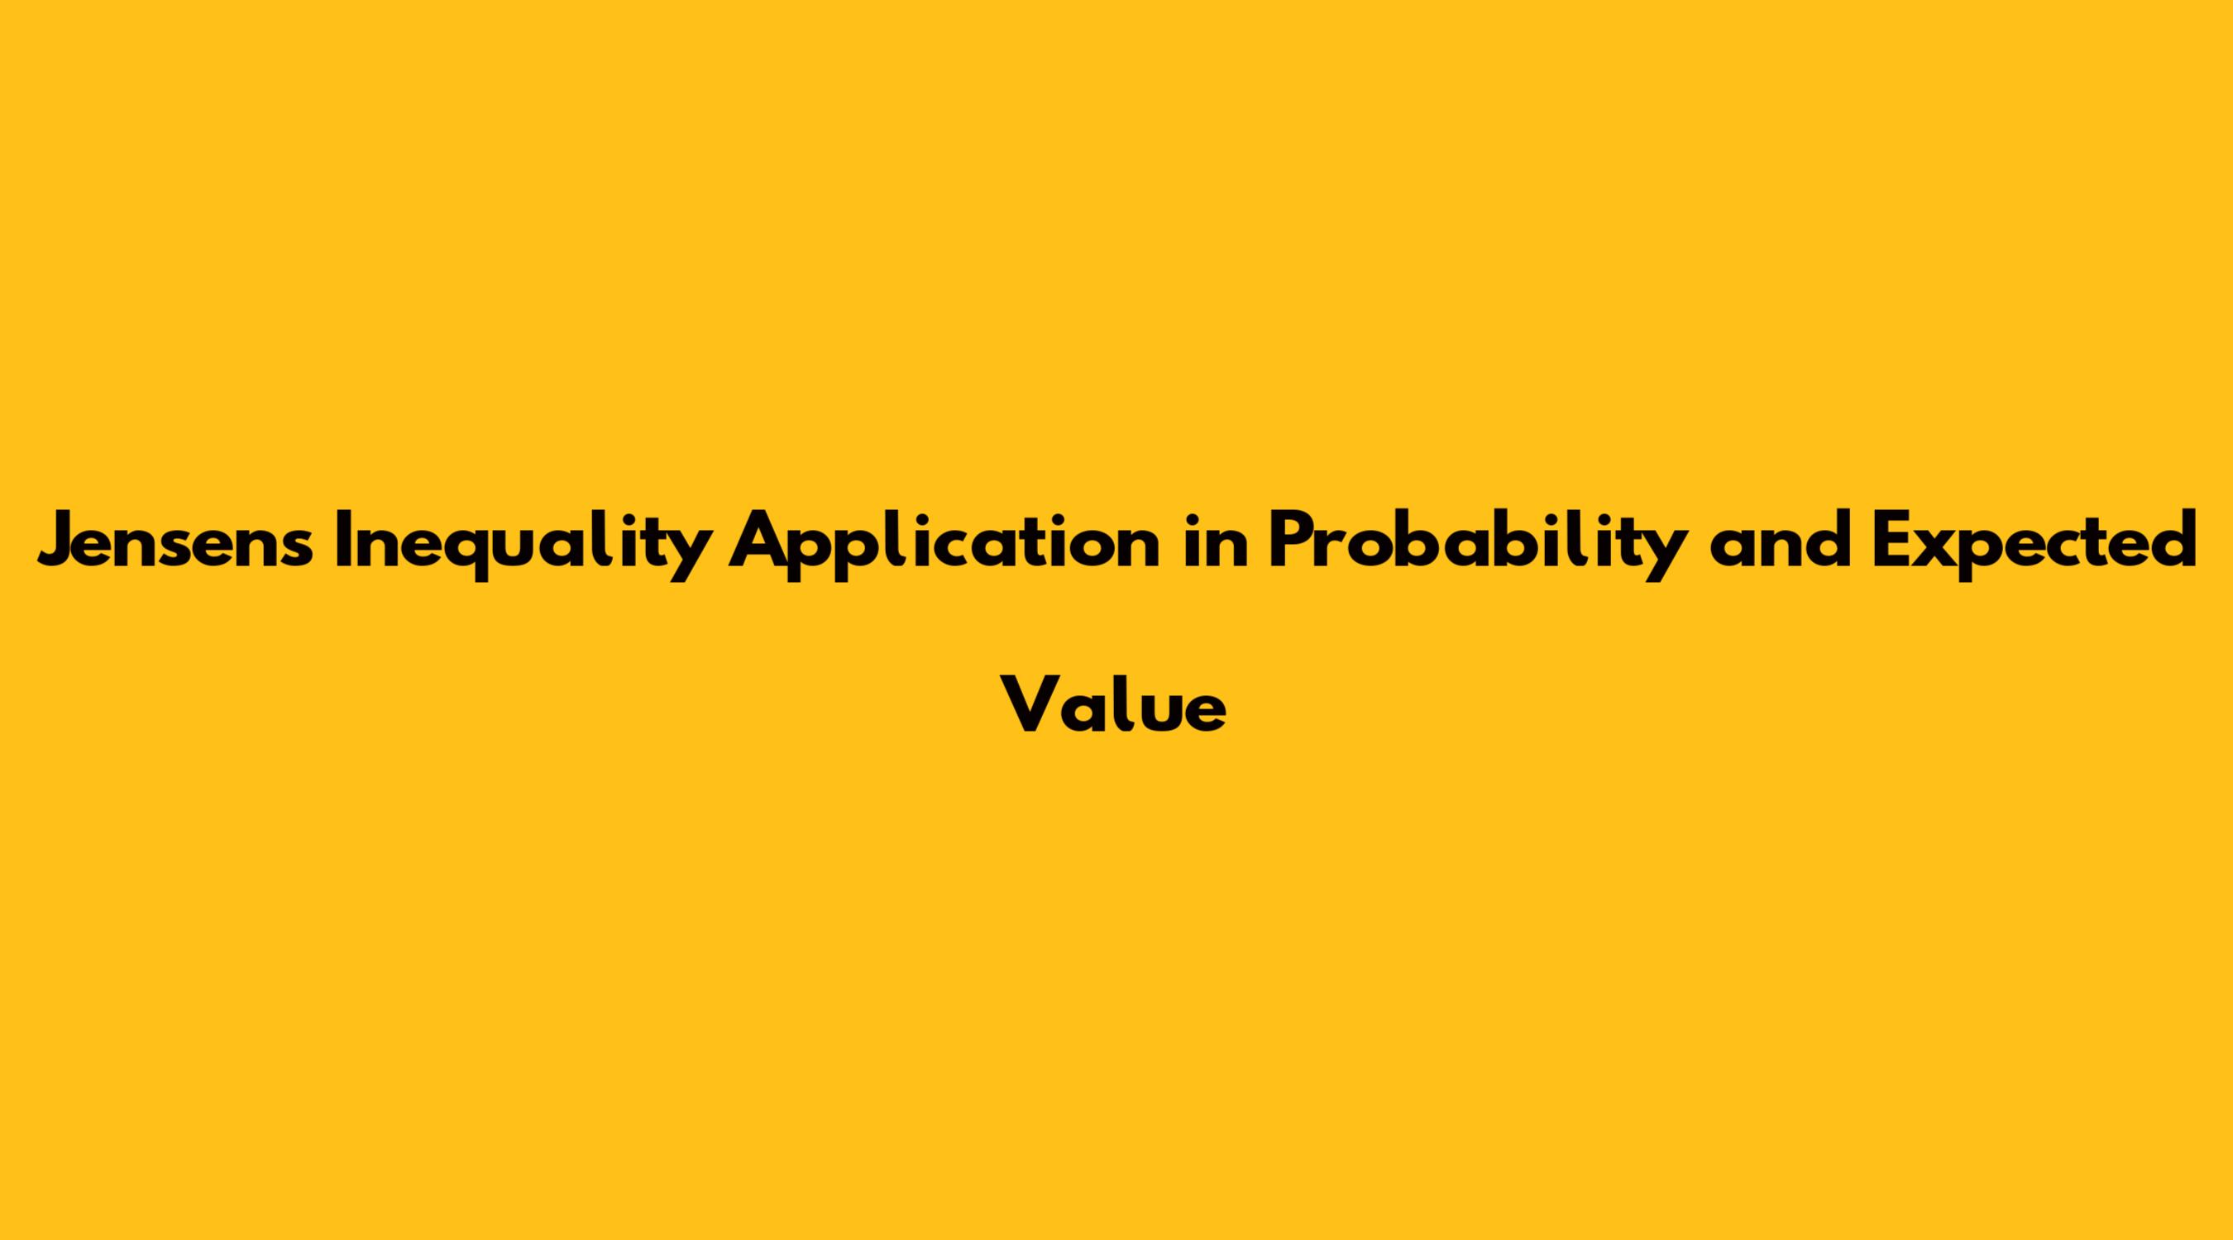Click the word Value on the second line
click(1114, 703)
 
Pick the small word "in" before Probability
click(1213, 539)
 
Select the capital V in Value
click(1032, 703)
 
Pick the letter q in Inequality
click(478, 556)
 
